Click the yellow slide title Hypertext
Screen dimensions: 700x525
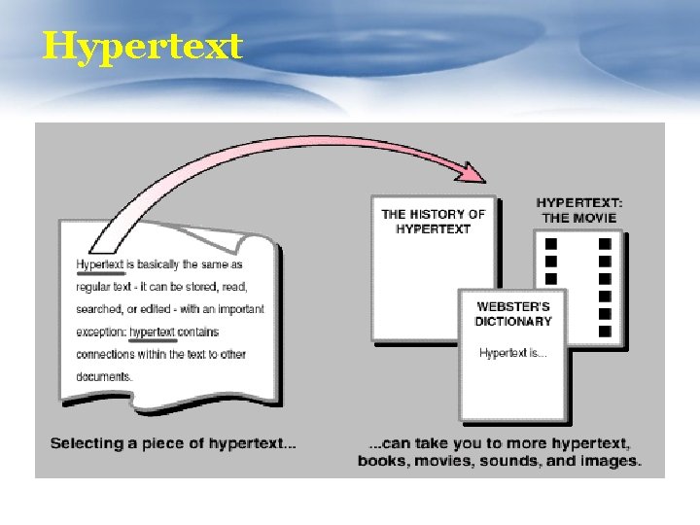[142, 46]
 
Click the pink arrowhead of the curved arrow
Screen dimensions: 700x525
[472, 174]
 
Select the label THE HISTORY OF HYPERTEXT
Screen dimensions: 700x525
[433, 222]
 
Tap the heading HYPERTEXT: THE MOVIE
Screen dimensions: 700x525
[579, 210]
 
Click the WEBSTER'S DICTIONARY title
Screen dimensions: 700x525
[512, 314]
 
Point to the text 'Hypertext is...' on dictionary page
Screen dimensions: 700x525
[512, 353]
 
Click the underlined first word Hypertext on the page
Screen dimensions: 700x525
[100, 264]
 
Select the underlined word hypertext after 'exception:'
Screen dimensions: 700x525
[152, 332]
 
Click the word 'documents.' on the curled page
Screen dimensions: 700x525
[103, 376]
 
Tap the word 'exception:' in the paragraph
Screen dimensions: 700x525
[101, 332]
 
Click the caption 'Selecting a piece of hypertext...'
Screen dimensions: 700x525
[173, 444]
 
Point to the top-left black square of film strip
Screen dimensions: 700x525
[551, 244]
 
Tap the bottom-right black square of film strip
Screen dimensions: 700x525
[605, 332]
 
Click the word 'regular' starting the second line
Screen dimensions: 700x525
[93, 287]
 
